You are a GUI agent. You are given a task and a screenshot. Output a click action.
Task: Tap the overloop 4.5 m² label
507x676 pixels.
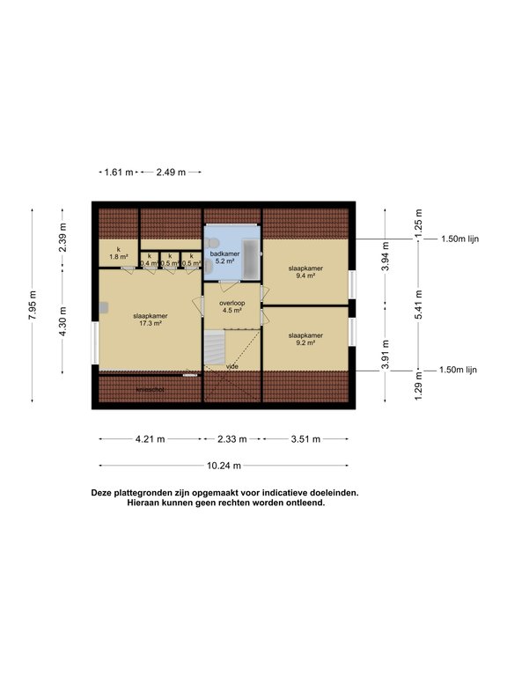tap(231, 306)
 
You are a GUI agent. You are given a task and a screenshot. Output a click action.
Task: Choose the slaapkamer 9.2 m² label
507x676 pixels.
tap(305, 339)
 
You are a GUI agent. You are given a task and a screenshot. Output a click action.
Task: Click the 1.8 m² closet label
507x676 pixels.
tap(117, 253)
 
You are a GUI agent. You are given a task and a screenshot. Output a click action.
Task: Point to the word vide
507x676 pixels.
tap(232, 366)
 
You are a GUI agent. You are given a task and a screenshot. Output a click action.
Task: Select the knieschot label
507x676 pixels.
tap(151, 388)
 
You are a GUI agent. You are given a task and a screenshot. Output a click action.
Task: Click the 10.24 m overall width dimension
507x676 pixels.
tap(224, 466)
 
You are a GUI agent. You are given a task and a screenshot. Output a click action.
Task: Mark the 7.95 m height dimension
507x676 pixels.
tap(33, 307)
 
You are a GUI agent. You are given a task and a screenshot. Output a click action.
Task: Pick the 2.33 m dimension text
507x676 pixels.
tap(232, 438)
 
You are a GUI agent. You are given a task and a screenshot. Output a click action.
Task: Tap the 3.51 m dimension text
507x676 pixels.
tap(305, 438)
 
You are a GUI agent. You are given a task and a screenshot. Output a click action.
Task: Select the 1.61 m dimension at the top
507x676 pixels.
tap(118, 173)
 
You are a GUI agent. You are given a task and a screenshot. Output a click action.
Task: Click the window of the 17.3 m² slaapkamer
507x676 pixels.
tap(95, 344)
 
